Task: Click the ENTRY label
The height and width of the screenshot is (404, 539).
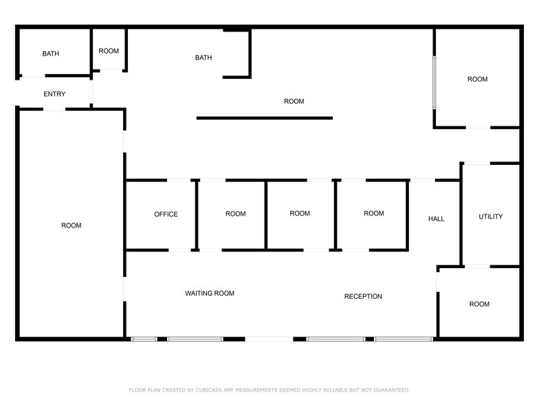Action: [x=54, y=93]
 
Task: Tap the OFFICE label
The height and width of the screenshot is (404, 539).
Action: [x=166, y=214]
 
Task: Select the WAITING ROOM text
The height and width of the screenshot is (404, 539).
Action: [x=210, y=293]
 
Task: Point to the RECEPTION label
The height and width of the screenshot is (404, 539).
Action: [x=363, y=297]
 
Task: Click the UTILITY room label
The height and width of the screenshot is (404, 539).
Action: [x=491, y=216]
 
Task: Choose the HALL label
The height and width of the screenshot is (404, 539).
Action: [x=436, y=218]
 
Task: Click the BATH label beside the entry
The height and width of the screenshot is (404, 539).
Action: [x=51, y=54]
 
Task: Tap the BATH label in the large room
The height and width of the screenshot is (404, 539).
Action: [x=203, y=58]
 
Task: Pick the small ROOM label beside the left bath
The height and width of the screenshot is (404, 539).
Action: [x=109, y=51]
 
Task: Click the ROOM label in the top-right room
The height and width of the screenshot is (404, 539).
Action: [x=477, y=80]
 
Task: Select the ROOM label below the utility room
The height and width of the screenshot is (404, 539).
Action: [x=479, y=304]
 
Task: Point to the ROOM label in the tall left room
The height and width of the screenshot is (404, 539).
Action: [x=71, y=225]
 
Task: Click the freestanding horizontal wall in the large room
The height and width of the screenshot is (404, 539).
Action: [x=265, y=118]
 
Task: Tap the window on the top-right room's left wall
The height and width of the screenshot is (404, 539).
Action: [x=434, y=82]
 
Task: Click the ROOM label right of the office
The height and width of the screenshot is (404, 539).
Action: [x=235, y=214]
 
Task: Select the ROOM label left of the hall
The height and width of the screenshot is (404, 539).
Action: [x=374, y=213]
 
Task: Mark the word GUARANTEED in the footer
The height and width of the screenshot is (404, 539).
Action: [x=392, y=390]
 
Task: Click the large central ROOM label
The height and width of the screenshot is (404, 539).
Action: [x=294, y=102]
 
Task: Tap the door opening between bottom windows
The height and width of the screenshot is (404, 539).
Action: [x=269, y=339]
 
